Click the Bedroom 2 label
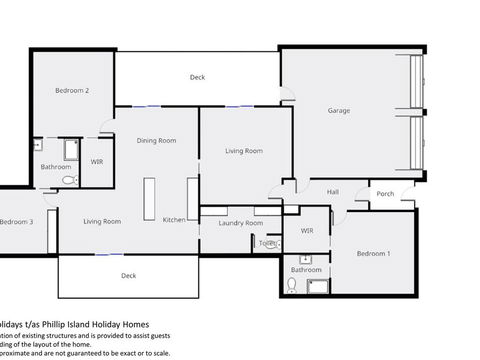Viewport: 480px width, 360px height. tap(72, 91)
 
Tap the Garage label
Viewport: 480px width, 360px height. tap(339, 111)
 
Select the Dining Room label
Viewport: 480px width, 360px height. tap(156, 141)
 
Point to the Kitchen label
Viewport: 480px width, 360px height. tap(174, 220)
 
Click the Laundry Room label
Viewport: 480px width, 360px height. tap(240, 223)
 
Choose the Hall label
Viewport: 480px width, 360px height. tap(333, 192)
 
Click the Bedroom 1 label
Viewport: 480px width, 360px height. tap(374, 254)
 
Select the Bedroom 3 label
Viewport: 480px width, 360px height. tap(16, 222)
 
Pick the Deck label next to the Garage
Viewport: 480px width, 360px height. tap(197, 77)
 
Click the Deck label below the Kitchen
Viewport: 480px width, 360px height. tap(128, 275)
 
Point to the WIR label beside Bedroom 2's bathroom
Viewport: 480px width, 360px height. tap(97, 160)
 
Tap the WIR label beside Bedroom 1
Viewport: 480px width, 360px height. tap(307, 231)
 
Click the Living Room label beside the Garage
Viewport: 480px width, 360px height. tap(243, 151)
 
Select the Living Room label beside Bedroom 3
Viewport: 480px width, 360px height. tap(102, 221)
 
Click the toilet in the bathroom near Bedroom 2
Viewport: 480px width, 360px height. tap(69, 180)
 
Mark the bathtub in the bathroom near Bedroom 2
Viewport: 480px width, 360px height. tap(72, 151)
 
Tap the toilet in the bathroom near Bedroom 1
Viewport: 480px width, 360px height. tap(292, 285)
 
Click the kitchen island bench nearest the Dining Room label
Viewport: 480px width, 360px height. tap(149, 199)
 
